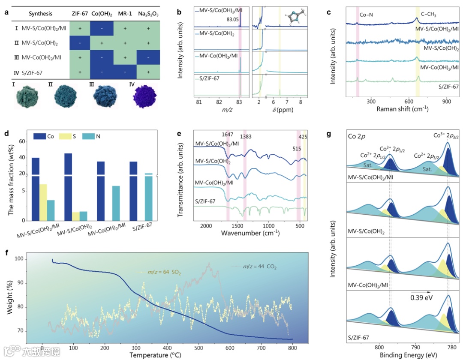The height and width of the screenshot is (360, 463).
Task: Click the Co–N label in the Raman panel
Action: coord(365,15)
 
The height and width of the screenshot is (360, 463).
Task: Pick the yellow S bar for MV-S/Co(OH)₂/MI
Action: coord(43,202)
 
